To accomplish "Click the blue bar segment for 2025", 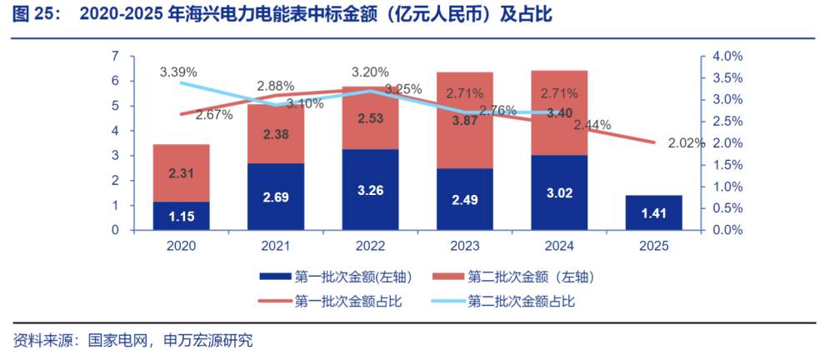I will coord(653,212).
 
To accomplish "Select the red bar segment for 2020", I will coord(181,172).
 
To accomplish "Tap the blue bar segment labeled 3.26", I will coord(370,190).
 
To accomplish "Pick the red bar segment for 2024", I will coord(559,112).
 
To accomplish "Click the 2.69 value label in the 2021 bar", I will coord(276,198).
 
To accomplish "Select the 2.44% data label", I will coord(592,125).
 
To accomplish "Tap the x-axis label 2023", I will coord(465,246).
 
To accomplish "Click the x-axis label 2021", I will coord(276,246).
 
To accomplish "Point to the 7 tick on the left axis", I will coord(115,57).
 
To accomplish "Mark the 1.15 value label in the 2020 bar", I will coord(181,216).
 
